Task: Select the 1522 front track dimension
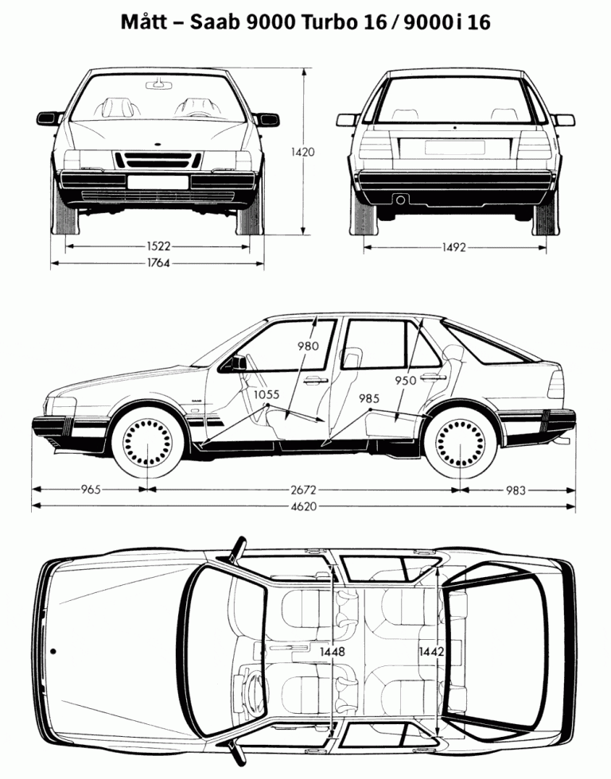click(x=158, y=247)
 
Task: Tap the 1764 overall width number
click(x=158, y=263)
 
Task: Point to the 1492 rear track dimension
click(x=454, y=247)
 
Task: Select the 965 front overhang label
click(x=91, y=490)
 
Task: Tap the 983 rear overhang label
click(x=516, y=490)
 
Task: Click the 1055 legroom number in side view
click(x=268, y=395)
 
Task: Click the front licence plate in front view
click(x=158, y=182)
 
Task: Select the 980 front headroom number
click(x=309, y=346)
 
